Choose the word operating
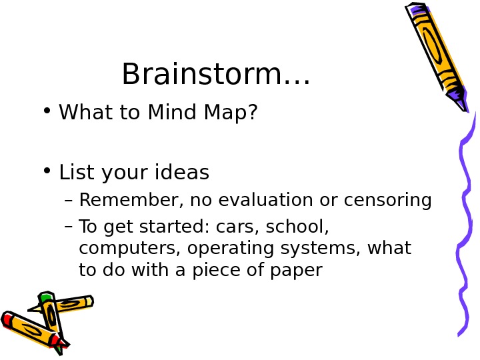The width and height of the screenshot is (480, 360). click(221, 249)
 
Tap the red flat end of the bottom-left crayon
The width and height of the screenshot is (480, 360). click(7, 319)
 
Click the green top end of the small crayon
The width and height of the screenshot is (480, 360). click(45, 297)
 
